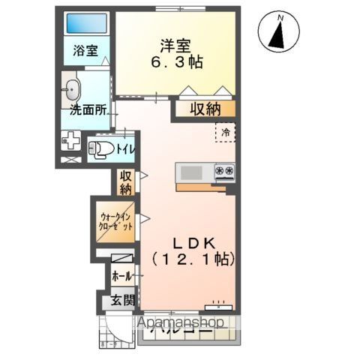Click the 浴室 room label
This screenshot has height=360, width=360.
tap(85, 52)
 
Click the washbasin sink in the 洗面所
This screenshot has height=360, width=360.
tap(72, 89)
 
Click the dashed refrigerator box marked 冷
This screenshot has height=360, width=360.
tap(224, 133)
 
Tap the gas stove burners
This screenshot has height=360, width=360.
tap(224, 172)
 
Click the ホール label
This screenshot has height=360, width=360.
tap(122, 276)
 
